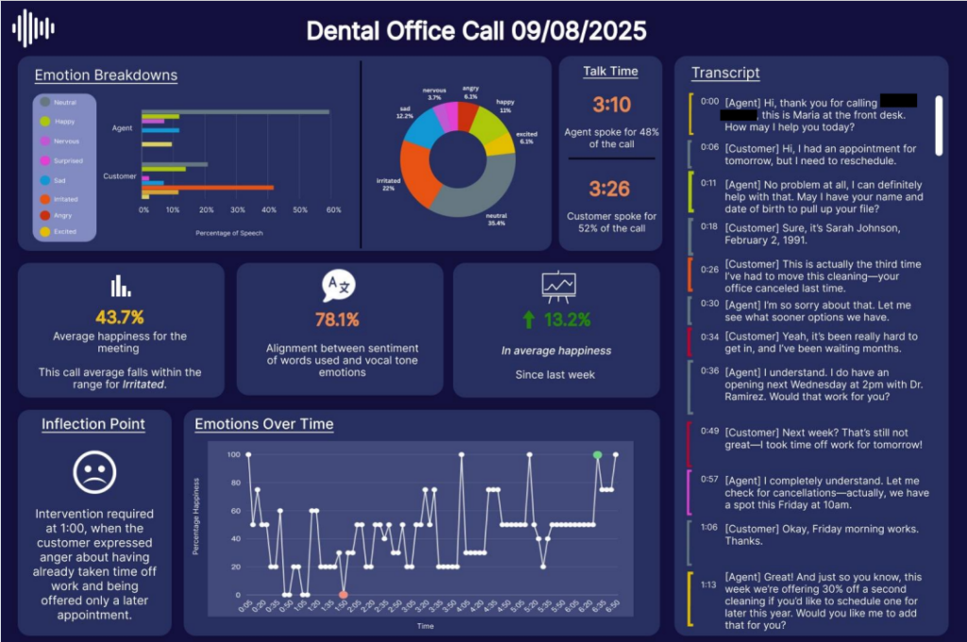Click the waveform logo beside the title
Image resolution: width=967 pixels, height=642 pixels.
click(33, 28)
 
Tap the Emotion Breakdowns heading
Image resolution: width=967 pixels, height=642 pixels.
click(106, 76)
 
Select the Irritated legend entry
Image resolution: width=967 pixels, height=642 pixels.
click(65, 199)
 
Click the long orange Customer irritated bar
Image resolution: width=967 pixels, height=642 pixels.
click(208, 188)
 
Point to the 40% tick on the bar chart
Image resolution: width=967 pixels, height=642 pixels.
click(268, 211)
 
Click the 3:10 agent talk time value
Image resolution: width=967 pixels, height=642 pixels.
click(611, 105)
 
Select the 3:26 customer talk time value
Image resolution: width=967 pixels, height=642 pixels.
click(611, 189)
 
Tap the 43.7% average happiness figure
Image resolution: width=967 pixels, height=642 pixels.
click(120, 317)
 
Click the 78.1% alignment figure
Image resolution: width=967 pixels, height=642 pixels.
click(339, 319)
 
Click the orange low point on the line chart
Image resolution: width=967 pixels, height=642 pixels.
click(344, 595)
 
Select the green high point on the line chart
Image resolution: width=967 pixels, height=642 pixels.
click(597, 455)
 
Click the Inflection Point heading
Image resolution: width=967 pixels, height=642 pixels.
click(93, 424)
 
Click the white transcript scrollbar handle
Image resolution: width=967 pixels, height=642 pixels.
click(939, 125)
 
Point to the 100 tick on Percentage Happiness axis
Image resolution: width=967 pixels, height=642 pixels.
click(233, 455)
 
